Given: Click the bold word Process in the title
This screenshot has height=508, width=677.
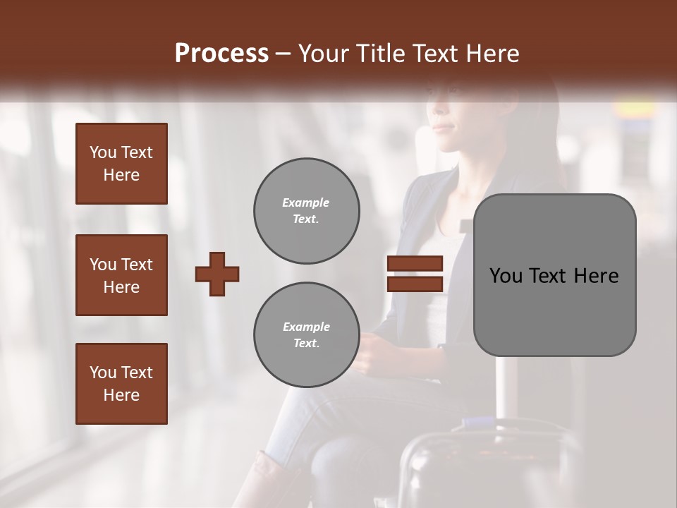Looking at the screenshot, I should [221, 54].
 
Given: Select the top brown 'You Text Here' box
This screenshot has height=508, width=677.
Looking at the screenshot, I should [121, 164].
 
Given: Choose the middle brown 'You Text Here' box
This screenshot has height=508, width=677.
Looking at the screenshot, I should [121, 275].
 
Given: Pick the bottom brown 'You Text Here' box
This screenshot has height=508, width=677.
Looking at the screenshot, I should [121, 384].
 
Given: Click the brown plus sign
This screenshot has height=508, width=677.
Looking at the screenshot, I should [217, 274].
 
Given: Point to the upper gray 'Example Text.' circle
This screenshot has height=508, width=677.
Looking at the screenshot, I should [306, 211].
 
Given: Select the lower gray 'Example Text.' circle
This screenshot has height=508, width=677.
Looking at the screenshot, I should [306, 335].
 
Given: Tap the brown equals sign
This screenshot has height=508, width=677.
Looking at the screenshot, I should [415, 274].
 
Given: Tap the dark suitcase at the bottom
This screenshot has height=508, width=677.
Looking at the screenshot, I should [487, 466].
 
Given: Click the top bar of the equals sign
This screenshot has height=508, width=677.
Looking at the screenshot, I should [415, 264].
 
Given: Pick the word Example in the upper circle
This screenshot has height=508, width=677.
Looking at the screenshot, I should [306, 202].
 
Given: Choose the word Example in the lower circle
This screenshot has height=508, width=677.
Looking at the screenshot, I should [306, 327].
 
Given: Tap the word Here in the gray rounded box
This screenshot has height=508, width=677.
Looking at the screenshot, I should [596, 276].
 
